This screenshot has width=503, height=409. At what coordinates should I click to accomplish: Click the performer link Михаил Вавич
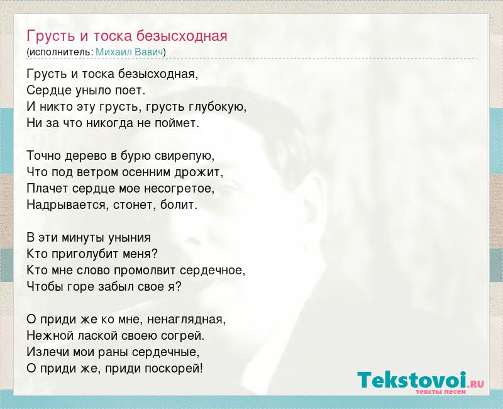point(130,52)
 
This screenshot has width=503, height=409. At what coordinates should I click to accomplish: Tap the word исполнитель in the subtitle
point(60,52)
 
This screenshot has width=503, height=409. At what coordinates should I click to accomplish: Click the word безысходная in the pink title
point(182,36)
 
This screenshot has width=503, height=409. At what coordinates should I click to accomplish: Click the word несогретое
point(179,189)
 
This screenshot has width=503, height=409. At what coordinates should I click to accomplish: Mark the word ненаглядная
point(186,320)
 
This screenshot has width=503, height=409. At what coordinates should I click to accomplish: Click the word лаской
point(94,336)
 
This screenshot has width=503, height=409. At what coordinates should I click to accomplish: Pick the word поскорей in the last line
point(174,369)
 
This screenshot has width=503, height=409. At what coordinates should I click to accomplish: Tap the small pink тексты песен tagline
point(441,391)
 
